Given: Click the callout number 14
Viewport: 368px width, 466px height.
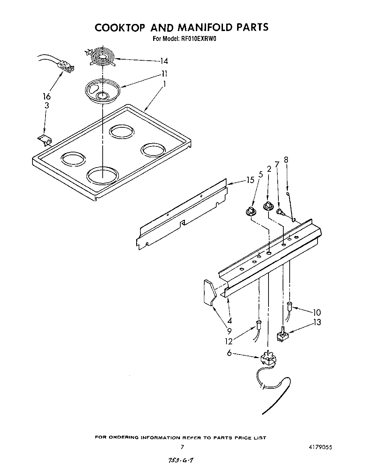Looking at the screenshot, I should pyautogui.click(x=163, y=61).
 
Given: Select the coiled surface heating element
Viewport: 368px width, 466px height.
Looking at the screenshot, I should pyautogui.click(x=102, y=56).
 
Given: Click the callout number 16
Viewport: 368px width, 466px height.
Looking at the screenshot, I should pyautogui.click(x=47, y=96).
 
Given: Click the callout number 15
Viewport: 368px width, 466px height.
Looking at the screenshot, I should pyautogui.click(x=250, y=180).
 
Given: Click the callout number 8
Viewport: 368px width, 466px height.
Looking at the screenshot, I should pyautogui.click(x=286, y=160).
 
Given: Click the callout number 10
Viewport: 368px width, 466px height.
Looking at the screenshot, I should pyautogui.click(x=316, y=312).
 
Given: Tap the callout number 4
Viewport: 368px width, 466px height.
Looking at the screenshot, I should pyautogui.click(x=230, y=321).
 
